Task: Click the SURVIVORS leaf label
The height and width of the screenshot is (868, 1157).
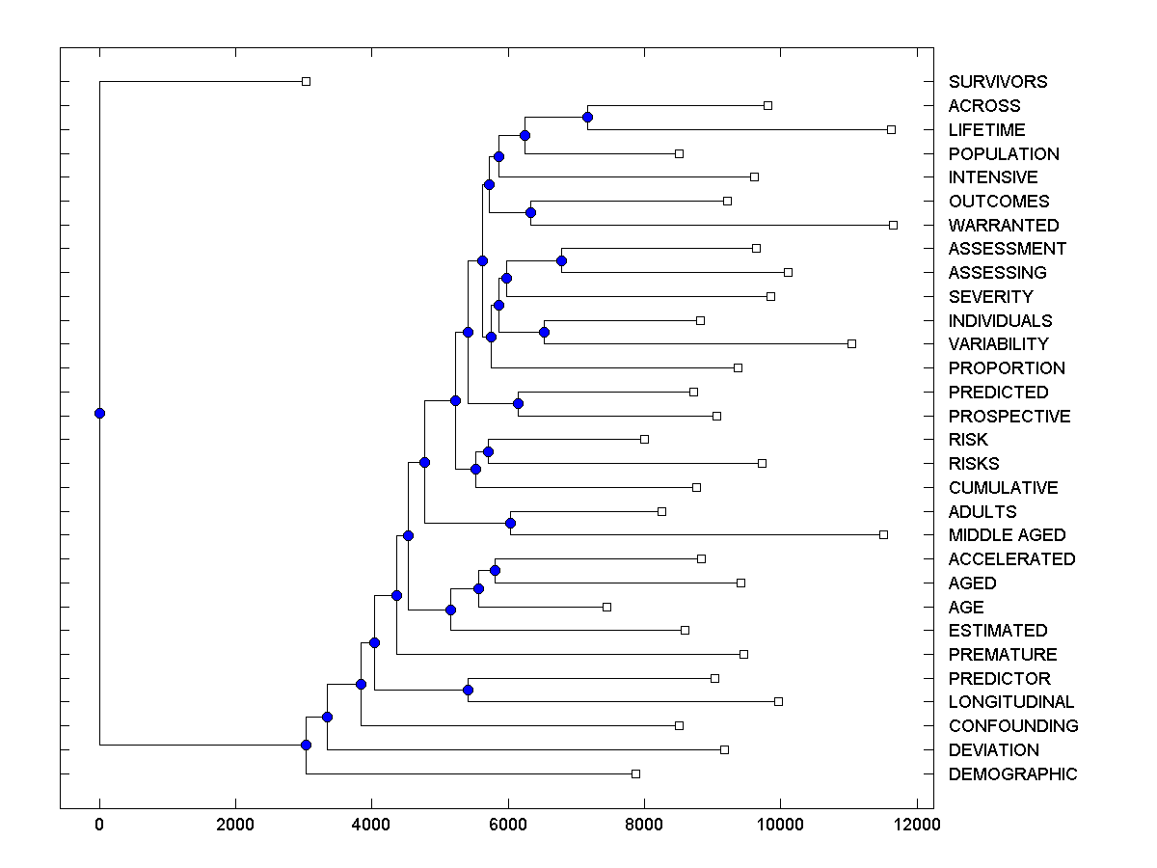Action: click(x=997, y=82)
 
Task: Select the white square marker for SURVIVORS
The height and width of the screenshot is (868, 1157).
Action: click(x=306, y=81)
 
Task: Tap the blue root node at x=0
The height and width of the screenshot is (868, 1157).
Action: click(x=99, y=413)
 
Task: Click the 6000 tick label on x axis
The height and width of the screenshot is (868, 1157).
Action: click(x=507, y=824)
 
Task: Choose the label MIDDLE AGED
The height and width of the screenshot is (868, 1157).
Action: click(x=1007, y=535)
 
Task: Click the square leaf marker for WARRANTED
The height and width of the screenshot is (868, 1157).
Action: click(x=893, y=225)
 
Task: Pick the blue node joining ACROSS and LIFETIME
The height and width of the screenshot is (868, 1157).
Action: click(x=587, y=117)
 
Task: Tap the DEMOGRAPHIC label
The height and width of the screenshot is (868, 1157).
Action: click(x=1012, y=774)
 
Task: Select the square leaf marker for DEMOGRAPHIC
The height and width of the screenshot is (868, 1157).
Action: click(x=635, y=773)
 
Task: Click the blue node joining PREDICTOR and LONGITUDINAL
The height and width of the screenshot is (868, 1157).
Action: click(x=468, y=690)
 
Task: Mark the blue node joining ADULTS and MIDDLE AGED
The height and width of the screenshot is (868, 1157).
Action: click(x=511, y=523)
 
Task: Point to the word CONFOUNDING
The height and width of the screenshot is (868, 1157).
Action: click(x=1013, y=726)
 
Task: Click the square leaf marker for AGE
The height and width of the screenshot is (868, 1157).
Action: click(x=606, y=607)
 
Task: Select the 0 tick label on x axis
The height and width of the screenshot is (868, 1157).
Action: click(x=99, y=824)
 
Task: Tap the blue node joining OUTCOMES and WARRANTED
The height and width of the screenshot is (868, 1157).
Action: click(x=530, y=212)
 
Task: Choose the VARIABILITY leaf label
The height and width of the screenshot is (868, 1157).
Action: click(x=998, y=344)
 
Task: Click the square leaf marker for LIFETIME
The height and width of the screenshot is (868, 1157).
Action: click(x=891, y=129)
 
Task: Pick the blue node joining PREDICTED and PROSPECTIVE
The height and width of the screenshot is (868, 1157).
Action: click(x=518, y=403)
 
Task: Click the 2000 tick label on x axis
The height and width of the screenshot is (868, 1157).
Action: click(x=235, y=824)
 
